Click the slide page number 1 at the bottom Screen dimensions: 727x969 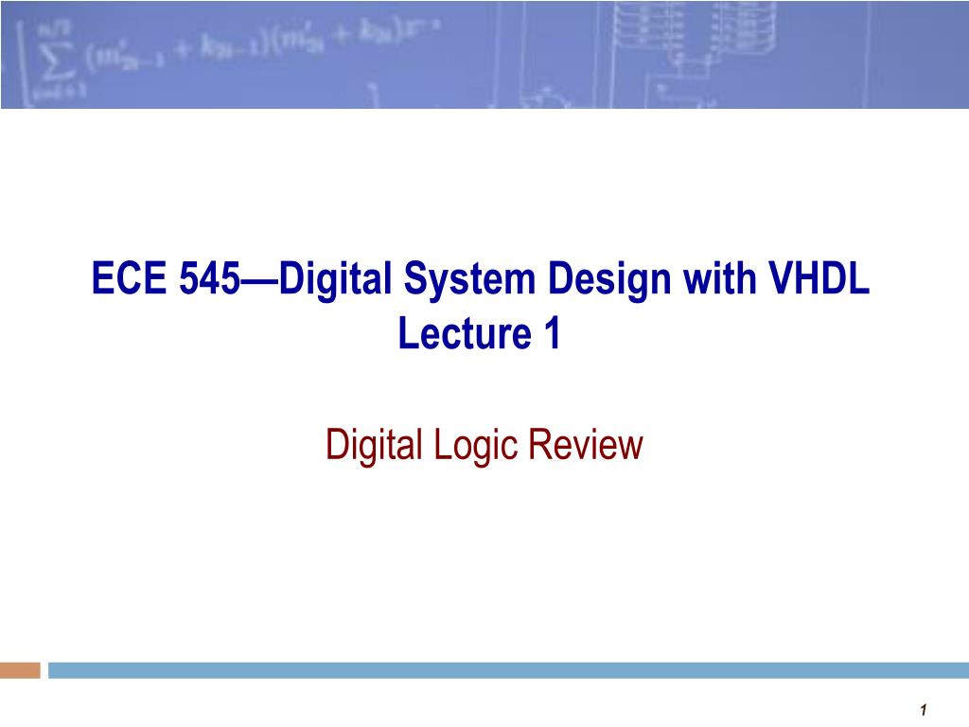point(923,710)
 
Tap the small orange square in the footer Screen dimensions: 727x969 point(20,670)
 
